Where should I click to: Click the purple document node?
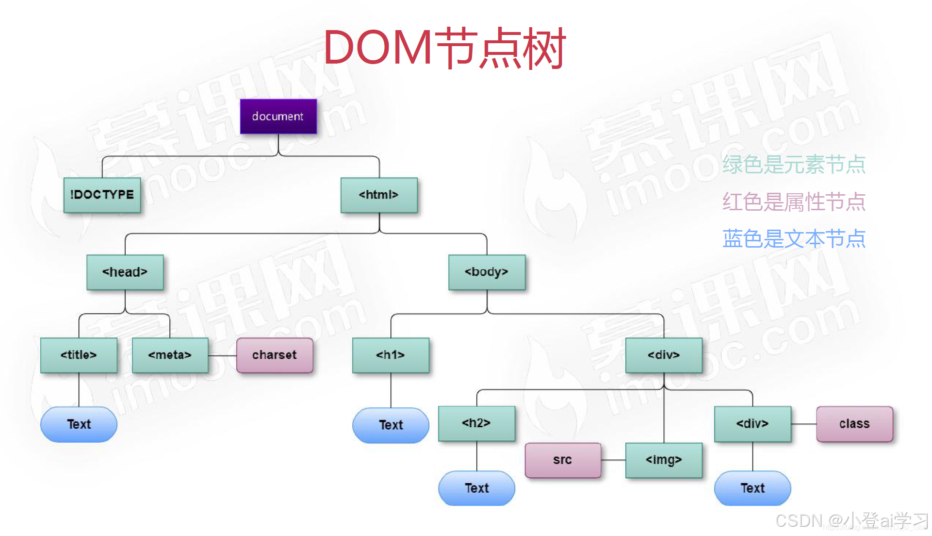click(x=278, y=117)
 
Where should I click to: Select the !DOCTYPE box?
click(x=102, y=195)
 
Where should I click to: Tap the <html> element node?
click(x=378, y=195)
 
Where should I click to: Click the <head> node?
click(x=125, y=272)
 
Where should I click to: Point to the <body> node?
click(x=487, y=272)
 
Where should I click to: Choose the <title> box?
click(x=79, y=355)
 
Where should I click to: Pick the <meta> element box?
click(x=170, y=355)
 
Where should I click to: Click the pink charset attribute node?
click(x=274, y=355)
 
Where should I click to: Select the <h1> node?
click(x=391, y=355)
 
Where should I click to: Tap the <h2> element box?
click(x=476, y=423)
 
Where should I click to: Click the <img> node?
click(x=664, y=460)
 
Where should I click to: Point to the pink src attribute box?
click(x=563, y=460)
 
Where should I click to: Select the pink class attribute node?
click(x=854, y=424)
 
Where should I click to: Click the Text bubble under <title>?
click(x=79, y=424)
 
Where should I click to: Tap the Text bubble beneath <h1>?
click(x=391, y=425)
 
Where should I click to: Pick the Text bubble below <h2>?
click(x=476, y=488)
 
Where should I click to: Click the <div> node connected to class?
click(x=752, y=424)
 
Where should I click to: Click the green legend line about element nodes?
click(x=794, y=164)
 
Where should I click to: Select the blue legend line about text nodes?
click(x=794, y=239)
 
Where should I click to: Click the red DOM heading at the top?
click(x=444, y=48)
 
